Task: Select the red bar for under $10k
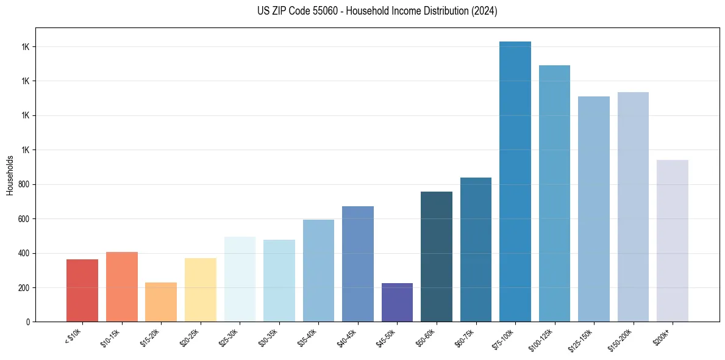(x=82, y=290)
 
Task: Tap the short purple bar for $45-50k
(x=397, y=302)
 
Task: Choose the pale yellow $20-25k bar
(x=200, y=290)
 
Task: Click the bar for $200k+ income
(x=673, y=240)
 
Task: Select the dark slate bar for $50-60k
(x=437, y=256)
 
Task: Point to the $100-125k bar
(x=554, y=193)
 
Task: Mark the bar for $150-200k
(x=633, y=207)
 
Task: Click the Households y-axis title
(x=10, y=175)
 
